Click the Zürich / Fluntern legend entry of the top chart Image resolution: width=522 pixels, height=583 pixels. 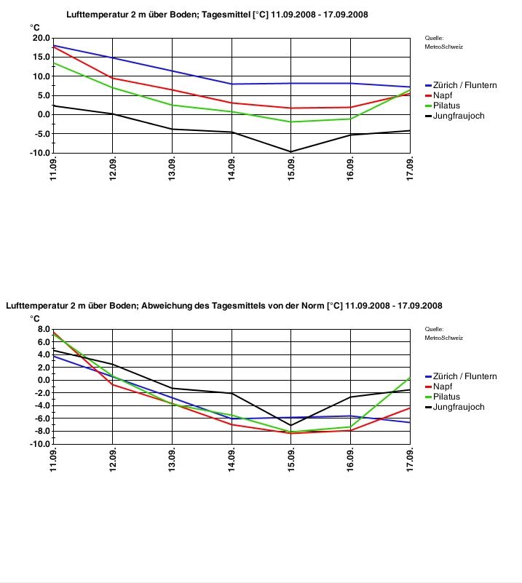click(x=461, y=85)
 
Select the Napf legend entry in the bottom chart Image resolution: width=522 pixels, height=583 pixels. click(x=439, y=386)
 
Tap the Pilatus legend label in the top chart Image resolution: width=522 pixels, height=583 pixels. click(x=446, y=106)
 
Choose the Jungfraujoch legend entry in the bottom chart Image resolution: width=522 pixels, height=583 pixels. click(x=455, y=407)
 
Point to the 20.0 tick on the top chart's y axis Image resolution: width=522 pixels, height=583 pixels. click(x=41, y=38)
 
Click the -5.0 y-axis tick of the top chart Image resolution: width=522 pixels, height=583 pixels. click(x=41, y=134)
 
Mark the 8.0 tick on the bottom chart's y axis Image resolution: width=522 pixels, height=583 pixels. click(x=44, y=329)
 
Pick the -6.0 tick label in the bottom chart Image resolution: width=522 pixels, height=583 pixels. click(x=42, y=419)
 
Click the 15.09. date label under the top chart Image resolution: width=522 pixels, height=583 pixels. click(x=291, y=169)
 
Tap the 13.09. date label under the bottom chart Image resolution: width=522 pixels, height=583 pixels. click(x=172, y=460)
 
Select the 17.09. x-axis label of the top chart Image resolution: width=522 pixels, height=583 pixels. click(x=410, y=169)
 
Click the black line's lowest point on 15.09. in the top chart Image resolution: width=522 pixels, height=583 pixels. click(x=291, y=151)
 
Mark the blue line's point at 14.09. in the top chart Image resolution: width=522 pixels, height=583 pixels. click(x=232, y=84)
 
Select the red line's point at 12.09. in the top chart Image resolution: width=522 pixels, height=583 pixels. click(x=113, y=78)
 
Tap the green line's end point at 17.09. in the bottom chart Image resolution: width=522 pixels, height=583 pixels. click(x=410, y=378)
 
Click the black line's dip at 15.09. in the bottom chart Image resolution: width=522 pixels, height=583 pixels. click(x=291, y=425)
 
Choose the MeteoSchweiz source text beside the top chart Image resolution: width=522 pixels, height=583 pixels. click(x=444, y=47)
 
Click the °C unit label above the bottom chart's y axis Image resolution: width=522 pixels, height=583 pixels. click(x=34, y=319)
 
